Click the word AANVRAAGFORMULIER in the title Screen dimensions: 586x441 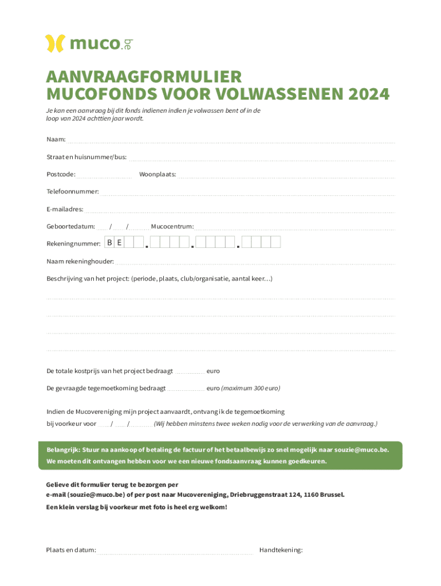[x=144, y=77]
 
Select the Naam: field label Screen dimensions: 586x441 [x=56, y=140]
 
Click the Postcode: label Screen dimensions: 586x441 [x=61, y=174]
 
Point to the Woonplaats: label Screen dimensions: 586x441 [x=157, y=174]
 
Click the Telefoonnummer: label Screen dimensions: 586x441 [x=73, y=191]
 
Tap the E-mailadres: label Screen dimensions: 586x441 [x=65, y=209]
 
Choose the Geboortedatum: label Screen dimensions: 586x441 [x=70, y=226]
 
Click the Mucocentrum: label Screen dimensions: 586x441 [x=172, y=226]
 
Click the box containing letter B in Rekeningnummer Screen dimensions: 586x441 [x=109, y=243]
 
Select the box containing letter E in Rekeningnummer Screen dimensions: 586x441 [x=119, y=243]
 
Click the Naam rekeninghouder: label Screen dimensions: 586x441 [x=80, y=262]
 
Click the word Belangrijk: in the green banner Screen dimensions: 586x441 [x=63, y=450]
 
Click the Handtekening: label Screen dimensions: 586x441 [x=281, y=550]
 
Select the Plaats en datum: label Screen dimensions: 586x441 [x=71, y=550]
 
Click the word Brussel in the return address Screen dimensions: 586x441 [x=331, y=494]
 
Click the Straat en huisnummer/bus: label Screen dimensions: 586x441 [x=86, y=157]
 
